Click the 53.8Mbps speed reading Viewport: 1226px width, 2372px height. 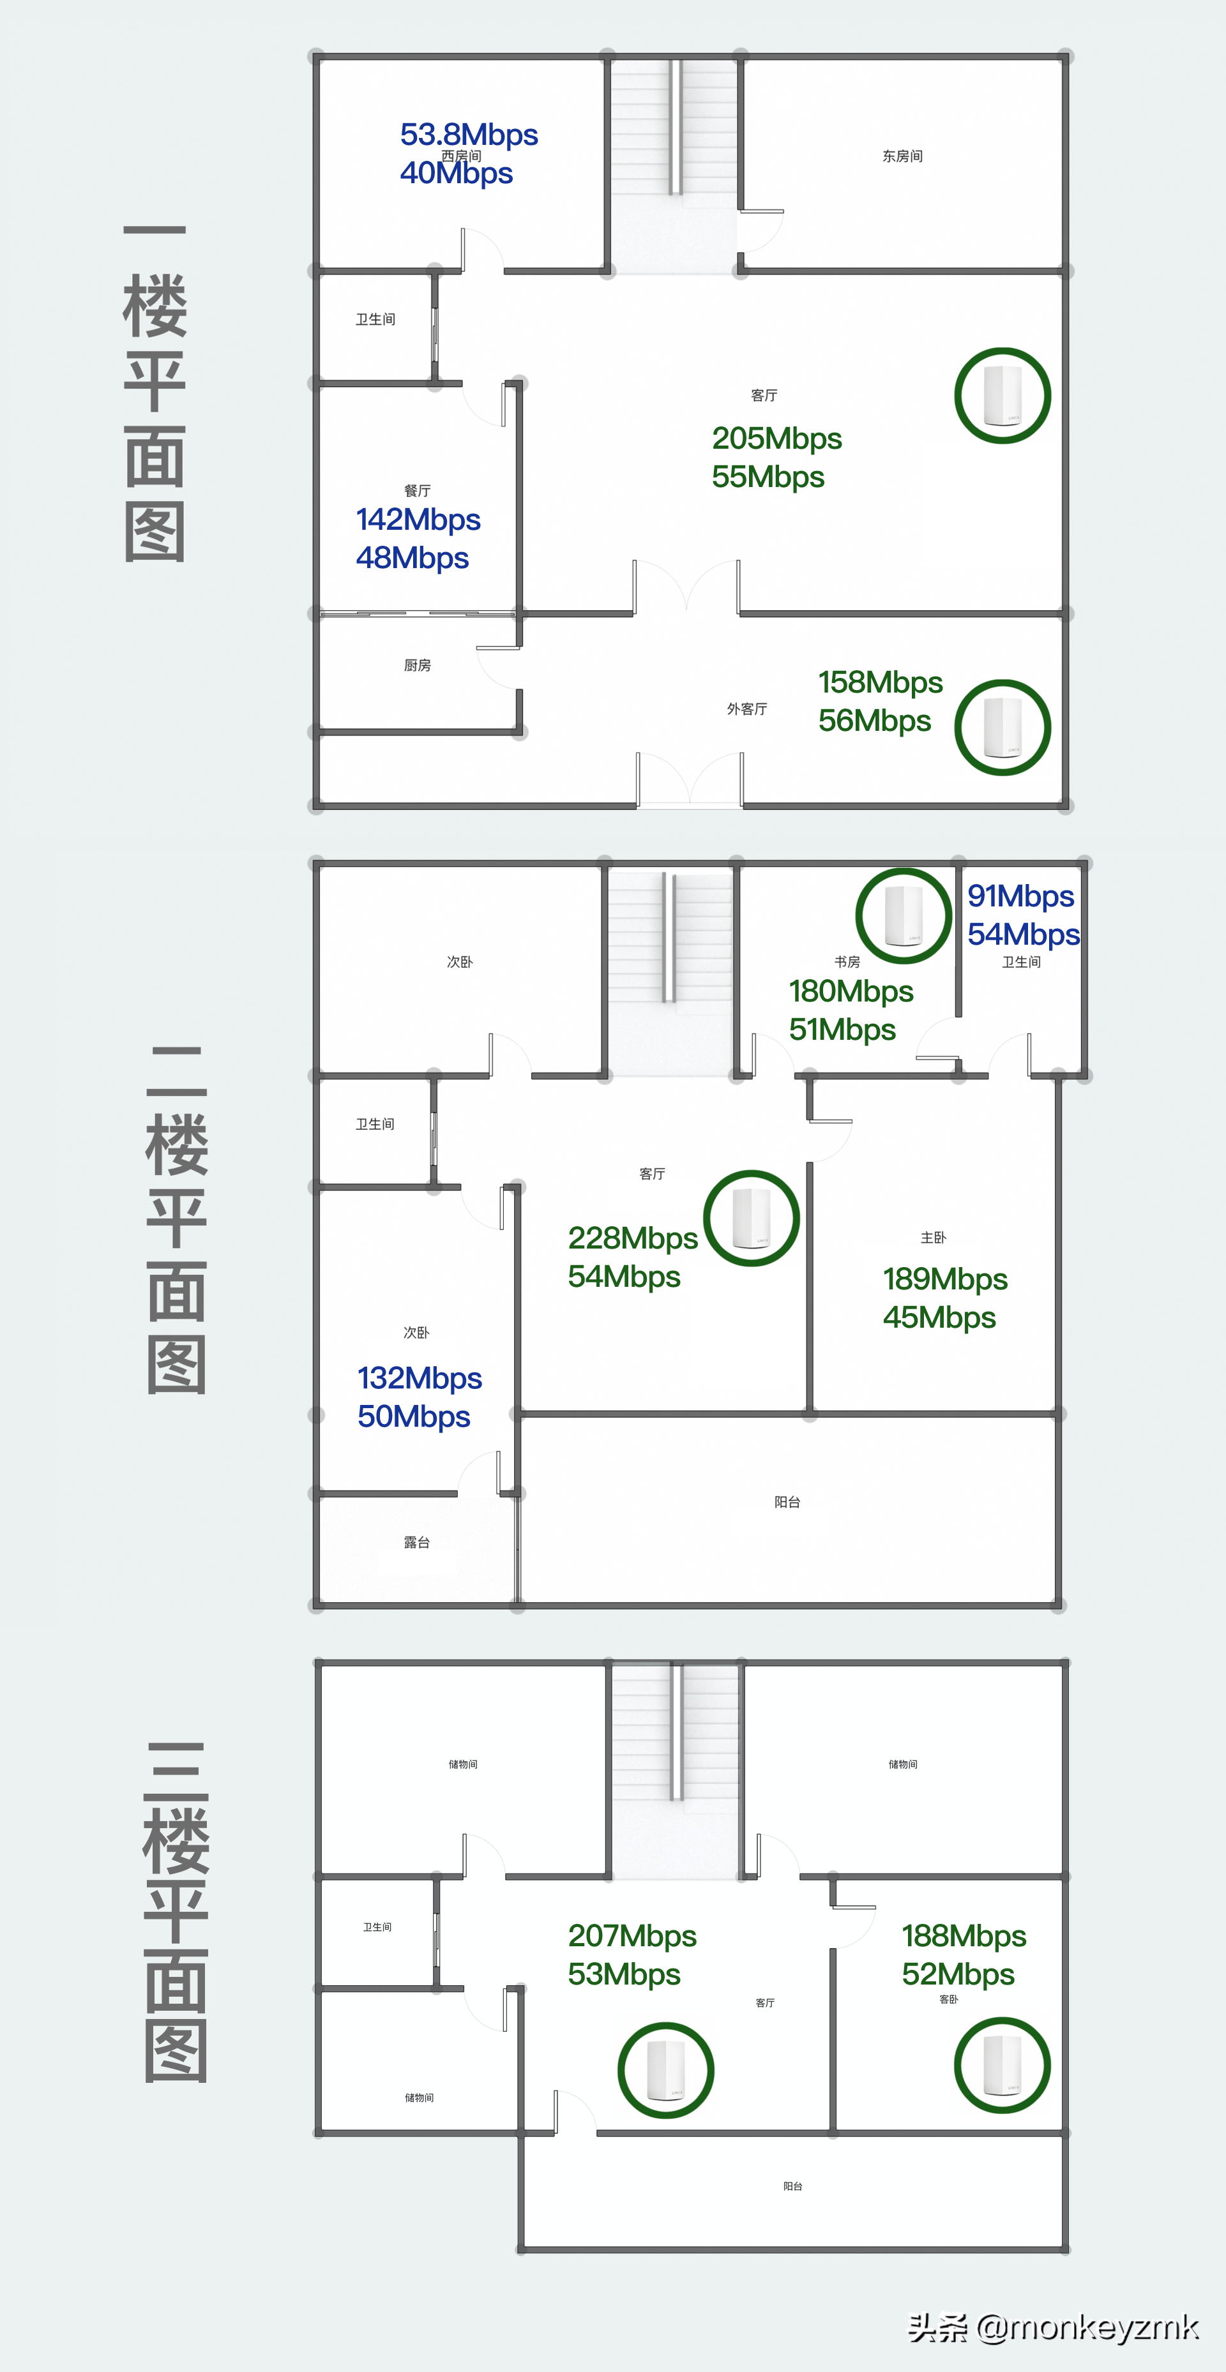click(x=469, y=135)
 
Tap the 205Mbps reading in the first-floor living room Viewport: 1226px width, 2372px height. click(x=776, y=439)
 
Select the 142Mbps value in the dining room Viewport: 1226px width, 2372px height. click(x=418, y=520)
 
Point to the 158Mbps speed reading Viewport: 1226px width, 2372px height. click(x=881, y=682)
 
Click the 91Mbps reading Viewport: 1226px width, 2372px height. click(x=1020, y=896)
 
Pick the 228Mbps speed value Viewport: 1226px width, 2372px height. click(x=633, y=1238)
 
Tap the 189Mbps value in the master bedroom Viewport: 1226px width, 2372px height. click(x=945, y=1279)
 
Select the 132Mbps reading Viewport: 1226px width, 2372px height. click(x=419, y=1378)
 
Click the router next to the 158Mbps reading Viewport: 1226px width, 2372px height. click(x=1002, y=728)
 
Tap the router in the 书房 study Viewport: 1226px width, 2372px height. click(x=903, y=915)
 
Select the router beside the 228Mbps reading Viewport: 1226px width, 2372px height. click(x=751, y=1218)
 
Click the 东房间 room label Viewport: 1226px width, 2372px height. click(x=903, y=156)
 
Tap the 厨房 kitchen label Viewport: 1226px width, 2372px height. click(x=417, y=665)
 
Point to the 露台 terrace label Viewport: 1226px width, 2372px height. click(x=416, y=1542)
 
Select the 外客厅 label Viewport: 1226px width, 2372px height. click(x=747, y=709)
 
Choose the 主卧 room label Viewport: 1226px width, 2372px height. click(x=933, y=1238)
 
